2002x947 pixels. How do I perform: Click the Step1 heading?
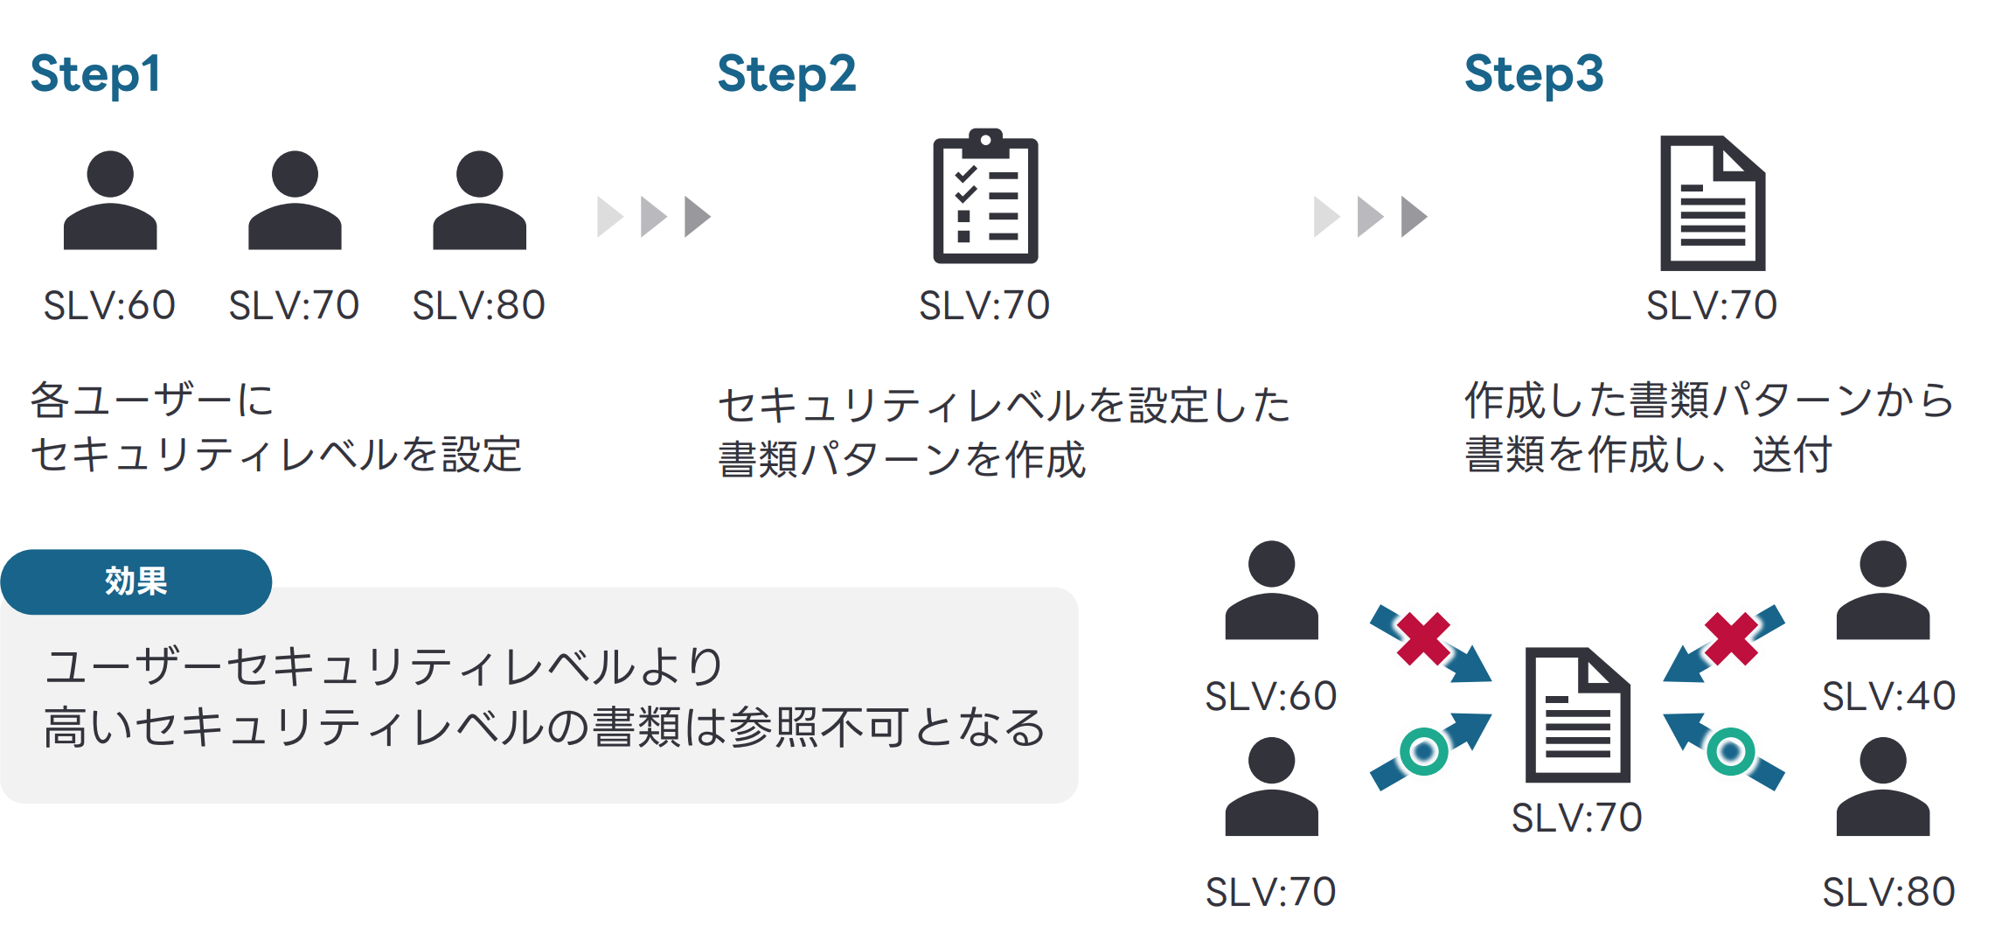tap(95, 74)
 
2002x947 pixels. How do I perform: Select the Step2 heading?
tap(786, 74)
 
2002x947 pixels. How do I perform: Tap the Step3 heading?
tap(1533, 74)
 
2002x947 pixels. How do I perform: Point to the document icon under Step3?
tap(1712, 203)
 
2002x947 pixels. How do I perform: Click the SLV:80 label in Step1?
tap(478, 306)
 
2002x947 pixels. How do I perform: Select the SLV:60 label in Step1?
tap(109, 306)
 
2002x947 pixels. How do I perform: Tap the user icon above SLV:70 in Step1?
tap(295, 200)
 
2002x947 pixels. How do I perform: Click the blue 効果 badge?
tap(136, 581)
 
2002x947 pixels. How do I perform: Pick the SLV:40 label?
tap(1888, 697)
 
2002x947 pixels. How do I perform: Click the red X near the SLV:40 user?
tap(1731, 638)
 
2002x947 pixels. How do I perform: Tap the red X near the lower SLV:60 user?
tap(1423, 638)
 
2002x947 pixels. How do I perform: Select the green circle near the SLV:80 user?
tap(1730, 751)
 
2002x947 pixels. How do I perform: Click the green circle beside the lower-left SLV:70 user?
tap(1423, 751)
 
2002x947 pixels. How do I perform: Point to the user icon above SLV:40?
tap(1882, 590)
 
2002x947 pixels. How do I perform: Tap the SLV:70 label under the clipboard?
tap(984, 306)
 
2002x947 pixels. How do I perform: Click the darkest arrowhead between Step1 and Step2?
tap(697, 216)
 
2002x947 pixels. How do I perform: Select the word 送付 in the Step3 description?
tap(1791, 455)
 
